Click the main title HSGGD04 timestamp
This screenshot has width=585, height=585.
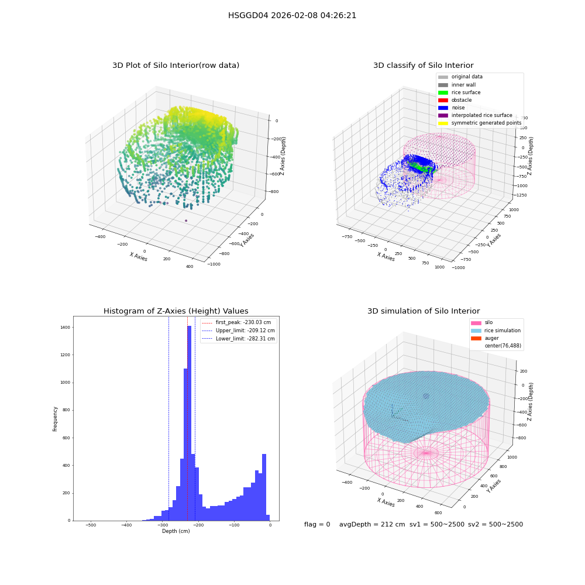tap(292, 15)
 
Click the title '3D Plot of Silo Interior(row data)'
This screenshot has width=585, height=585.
tap(175, 66)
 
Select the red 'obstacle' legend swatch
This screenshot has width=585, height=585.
tap(443, 100)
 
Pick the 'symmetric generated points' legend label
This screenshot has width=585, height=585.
tap(487, 123)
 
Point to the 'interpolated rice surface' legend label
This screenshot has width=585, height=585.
tap(481, 115)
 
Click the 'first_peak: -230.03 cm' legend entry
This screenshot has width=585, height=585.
tap(236, 322)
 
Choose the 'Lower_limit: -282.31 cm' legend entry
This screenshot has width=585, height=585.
tap(239, 339)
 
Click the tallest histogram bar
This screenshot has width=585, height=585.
tap(189, 423)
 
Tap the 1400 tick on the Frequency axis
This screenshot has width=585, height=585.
tap(66, 327)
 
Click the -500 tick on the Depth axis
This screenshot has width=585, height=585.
tap(91, 525)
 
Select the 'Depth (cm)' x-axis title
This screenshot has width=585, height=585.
tap(175, 531)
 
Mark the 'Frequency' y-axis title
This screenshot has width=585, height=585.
tap(55, 419)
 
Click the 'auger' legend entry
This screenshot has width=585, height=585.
tap(485, 338)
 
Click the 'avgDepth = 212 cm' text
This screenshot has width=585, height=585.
tap(372, 524)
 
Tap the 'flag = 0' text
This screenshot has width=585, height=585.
tap(317, 524)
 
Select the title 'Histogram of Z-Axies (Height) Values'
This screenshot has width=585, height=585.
tap(175, 311)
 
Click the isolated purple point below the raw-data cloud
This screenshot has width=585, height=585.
tap(186, 221)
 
